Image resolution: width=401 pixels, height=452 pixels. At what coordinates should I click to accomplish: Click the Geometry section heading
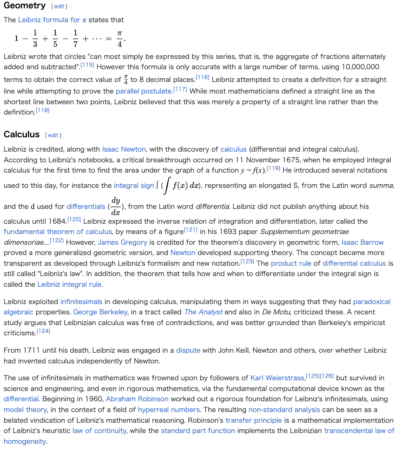(x=25, y=6)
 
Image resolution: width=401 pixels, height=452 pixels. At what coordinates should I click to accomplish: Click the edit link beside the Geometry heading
(x=59, y=7)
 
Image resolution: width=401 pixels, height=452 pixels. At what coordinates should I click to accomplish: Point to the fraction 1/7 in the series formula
(x=75, y=38)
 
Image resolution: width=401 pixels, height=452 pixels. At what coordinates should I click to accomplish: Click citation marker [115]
(x=87, y=65)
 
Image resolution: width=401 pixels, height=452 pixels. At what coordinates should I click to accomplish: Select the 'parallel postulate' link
(x=144, y=91)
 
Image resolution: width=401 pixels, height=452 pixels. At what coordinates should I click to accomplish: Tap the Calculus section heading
(x=21, y=135)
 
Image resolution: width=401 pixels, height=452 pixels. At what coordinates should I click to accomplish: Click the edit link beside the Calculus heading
(x=53, y=136)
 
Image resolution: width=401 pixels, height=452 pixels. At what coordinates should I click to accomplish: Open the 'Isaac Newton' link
(x=124, y=149)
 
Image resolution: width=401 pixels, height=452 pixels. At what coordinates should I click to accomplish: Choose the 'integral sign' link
(x=134, y=186)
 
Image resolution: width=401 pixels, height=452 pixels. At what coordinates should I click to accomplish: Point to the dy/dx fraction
(x=116, y=206)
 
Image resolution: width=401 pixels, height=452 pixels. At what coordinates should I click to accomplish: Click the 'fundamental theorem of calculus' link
(x=58, y=232)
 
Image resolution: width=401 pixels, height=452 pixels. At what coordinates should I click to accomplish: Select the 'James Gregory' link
(x=123, y=242)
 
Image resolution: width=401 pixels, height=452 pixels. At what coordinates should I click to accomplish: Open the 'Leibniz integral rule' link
(x=69, y=284)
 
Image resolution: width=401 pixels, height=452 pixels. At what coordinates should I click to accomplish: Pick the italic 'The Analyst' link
(x=203, y=312)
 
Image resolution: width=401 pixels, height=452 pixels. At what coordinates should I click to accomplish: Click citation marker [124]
(x=43, y=331)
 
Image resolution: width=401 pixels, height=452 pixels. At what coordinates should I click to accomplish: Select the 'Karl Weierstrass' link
(x=278, y=378)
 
